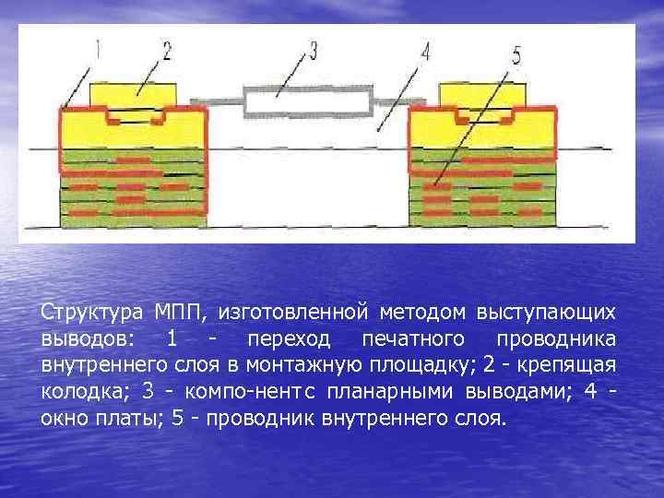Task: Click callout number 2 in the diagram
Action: click(167, 50)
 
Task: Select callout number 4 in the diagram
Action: click(425, 52)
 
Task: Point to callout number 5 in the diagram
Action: click(516, 56)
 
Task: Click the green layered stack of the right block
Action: click(480, 189)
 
